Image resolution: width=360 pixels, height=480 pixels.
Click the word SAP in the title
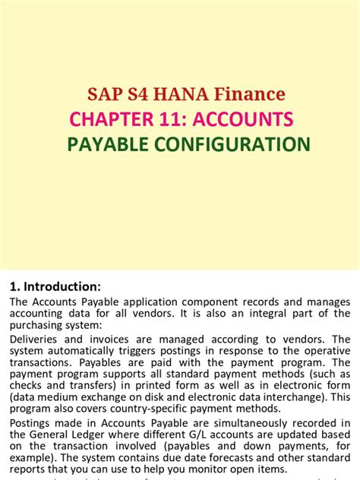click(x=104, y=94)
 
